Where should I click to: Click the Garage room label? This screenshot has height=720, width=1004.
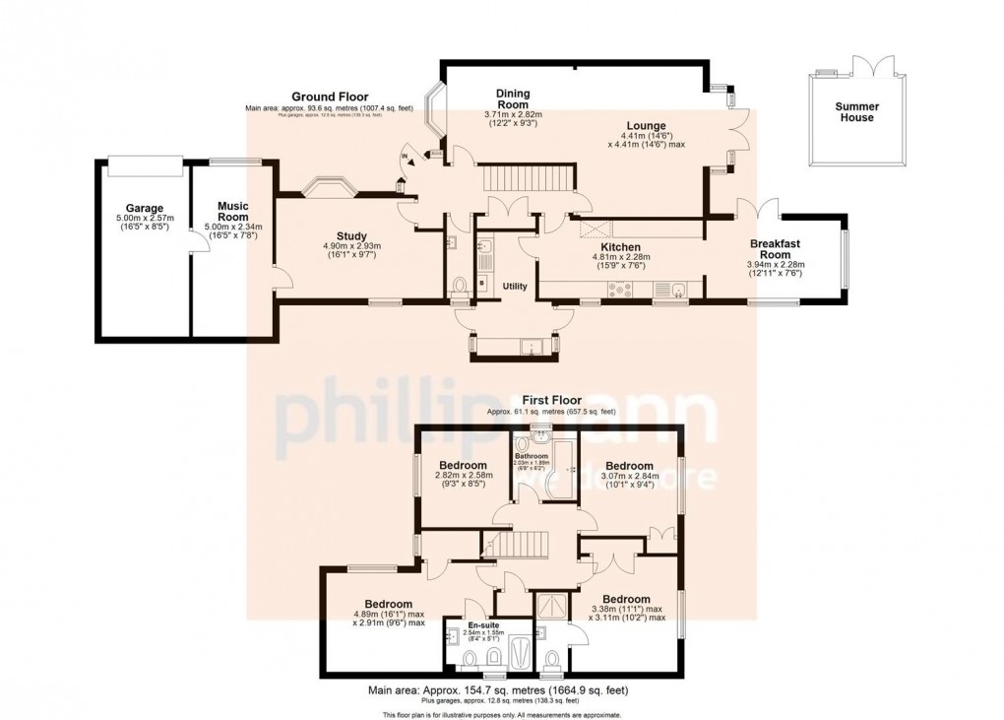144,209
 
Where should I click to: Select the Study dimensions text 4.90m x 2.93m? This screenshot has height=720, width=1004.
351,246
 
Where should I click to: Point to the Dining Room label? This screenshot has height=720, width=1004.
513,99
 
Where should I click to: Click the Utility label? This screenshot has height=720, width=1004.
515,286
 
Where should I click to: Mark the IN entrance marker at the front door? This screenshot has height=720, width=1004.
405,158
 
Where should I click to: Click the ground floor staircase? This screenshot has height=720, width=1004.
523,180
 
